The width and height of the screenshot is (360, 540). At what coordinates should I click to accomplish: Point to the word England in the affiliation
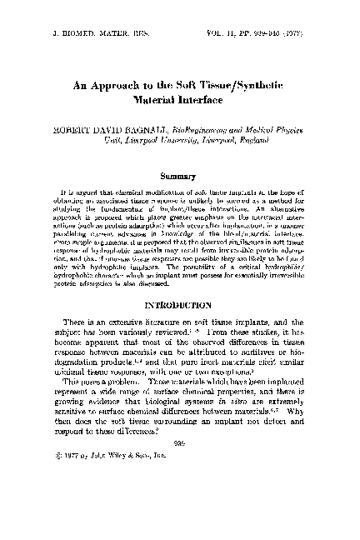coord(241,142)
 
